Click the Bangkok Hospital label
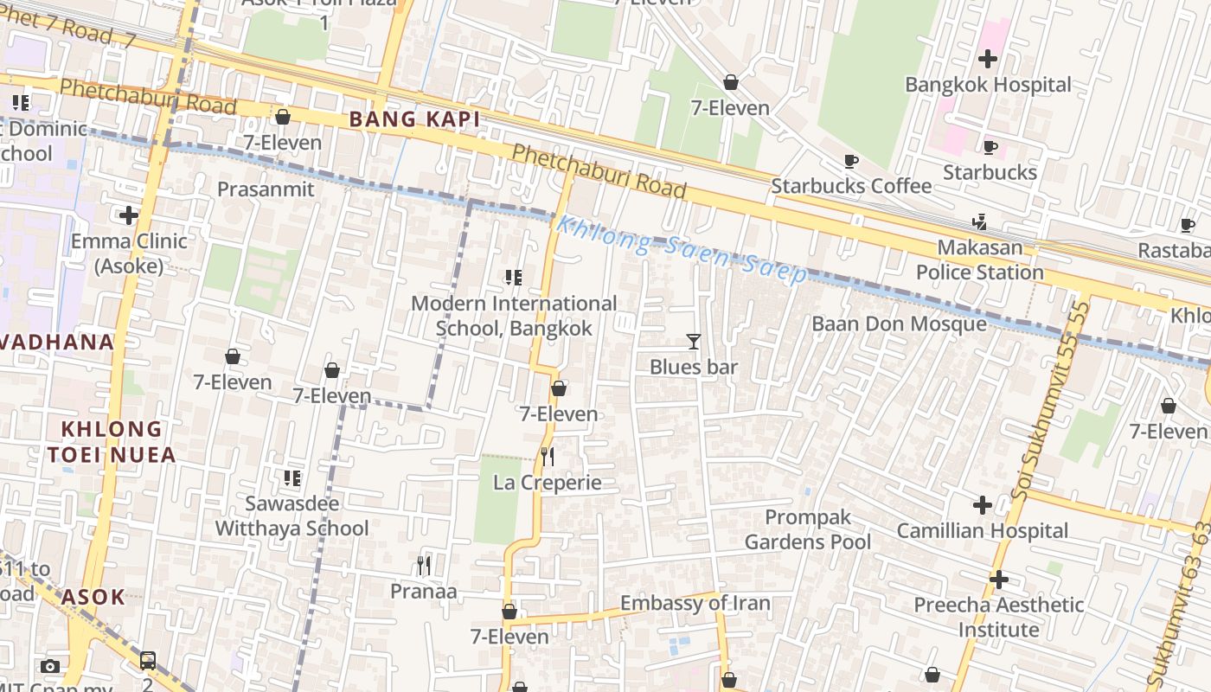point(988,85)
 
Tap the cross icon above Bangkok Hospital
point(988,59)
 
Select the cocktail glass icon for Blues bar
point(693,341)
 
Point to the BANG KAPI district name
point(414,119)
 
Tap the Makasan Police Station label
point(979,259)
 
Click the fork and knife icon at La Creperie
point(548,456)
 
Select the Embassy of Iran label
point(695,603)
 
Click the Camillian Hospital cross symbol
point(982,504)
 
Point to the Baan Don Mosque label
point(899,324)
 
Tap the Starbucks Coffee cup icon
point(851,161)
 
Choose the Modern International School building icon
point(514,278)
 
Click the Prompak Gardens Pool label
point(808,529)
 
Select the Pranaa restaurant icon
point(424,566)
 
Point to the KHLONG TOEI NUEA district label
point(112,441)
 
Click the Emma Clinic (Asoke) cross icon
point(129,215)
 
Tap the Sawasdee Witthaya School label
point(292,516)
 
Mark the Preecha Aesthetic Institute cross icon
point(999,579)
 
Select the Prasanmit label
point(266,189)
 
